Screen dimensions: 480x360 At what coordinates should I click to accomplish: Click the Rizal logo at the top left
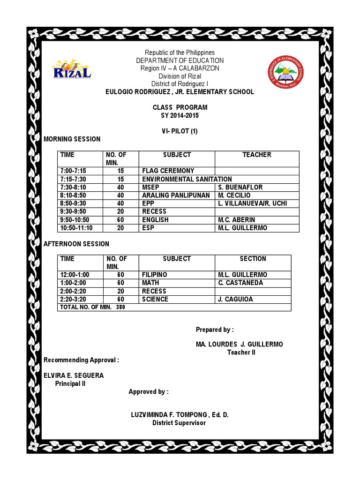(72, 70)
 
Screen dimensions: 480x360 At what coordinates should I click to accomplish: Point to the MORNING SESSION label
(72, 139)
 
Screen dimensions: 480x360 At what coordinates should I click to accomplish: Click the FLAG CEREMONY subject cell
(168, 171)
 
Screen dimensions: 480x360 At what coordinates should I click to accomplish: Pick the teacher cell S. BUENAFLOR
(240, 187)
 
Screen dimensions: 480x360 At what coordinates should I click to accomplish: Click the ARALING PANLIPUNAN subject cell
(176, 195)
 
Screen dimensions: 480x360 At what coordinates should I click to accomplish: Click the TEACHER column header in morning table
(256, 155)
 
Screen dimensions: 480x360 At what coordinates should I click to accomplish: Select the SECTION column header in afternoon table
(253, 259)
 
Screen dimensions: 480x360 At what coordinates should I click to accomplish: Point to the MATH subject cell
(150, 283)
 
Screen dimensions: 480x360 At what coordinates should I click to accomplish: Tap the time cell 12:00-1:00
(75, 275)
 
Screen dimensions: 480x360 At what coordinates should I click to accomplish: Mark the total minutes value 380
(120, 307)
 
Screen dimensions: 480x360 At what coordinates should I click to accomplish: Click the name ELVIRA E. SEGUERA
(74, 375)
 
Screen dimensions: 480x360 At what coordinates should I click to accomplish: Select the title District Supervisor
(179, 423)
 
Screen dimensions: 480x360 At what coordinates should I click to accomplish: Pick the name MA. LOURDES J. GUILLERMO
(239, 344)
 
